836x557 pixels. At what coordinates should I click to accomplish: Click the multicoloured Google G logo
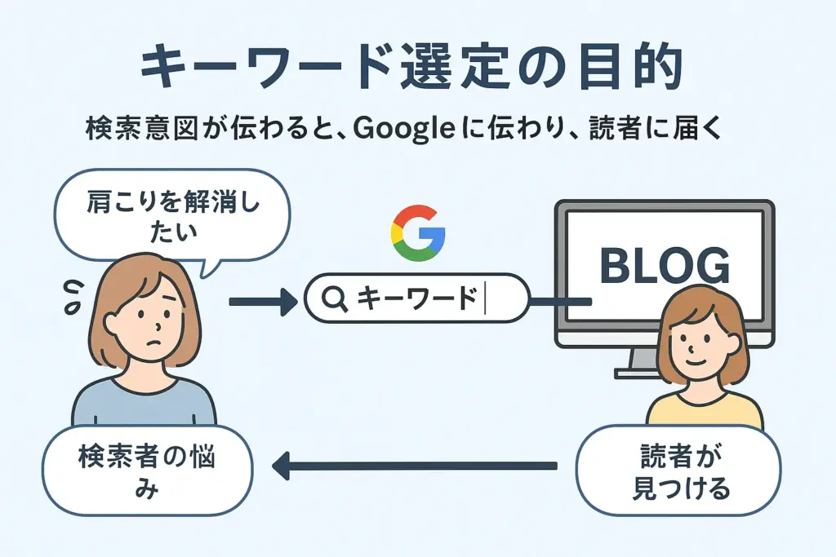pos(418,232)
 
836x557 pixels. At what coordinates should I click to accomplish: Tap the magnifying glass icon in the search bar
pos(335,298)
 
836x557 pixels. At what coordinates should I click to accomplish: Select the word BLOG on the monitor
pos(665,265)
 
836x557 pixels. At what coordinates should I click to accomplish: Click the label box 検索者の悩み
pos(147,471)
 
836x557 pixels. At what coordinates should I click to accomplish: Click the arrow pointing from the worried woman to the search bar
pos(263,302)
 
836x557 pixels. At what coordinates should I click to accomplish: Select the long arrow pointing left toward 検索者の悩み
pos(414,466)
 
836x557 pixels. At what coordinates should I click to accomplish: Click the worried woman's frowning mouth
pos(153,342)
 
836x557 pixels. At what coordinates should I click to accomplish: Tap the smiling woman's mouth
pos(696,360)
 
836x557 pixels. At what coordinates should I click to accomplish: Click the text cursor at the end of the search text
pos(485,298)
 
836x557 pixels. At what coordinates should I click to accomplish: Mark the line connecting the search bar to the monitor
pos(561,302)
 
